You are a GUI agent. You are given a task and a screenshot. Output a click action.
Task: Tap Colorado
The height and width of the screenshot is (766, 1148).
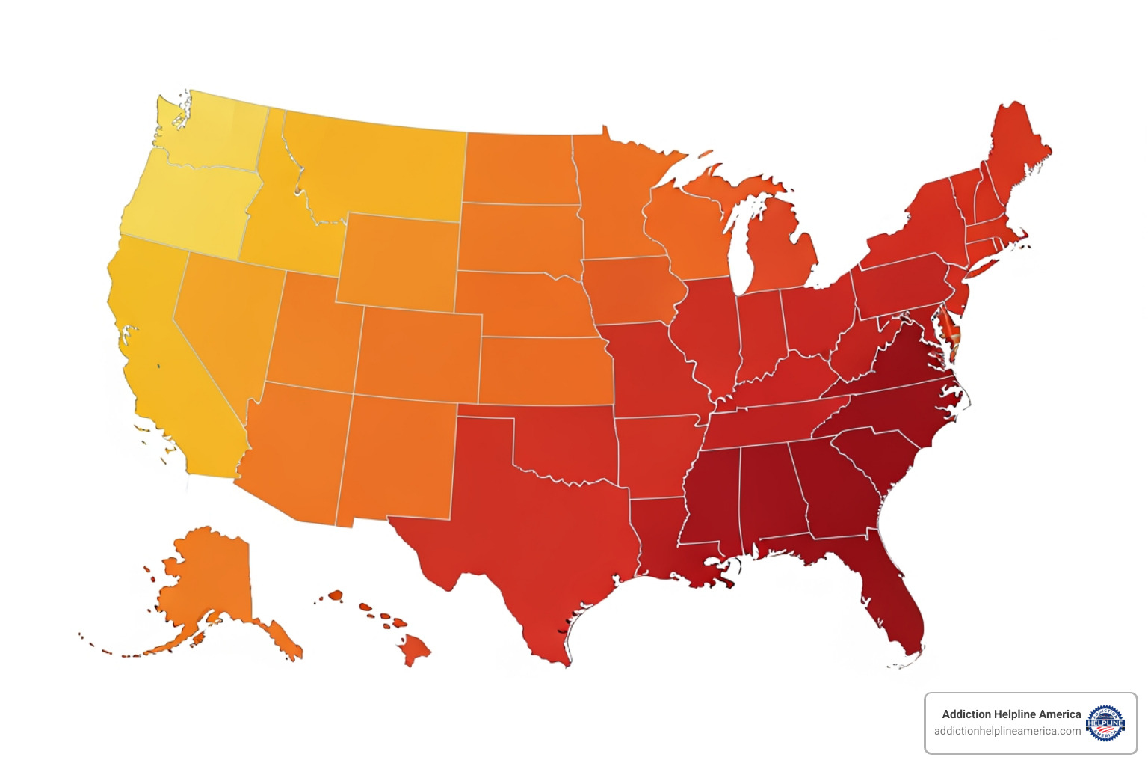point(419,355)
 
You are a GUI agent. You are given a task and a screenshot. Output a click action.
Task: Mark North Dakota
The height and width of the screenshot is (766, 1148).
point(519,168)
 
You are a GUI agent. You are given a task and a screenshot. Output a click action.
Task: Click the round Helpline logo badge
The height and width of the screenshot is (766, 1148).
point(1105,723)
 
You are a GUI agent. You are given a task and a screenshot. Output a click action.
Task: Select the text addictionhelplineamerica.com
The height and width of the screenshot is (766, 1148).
point(1007,731)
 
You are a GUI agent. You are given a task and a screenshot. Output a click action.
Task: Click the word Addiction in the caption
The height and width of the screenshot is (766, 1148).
point(966,714)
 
